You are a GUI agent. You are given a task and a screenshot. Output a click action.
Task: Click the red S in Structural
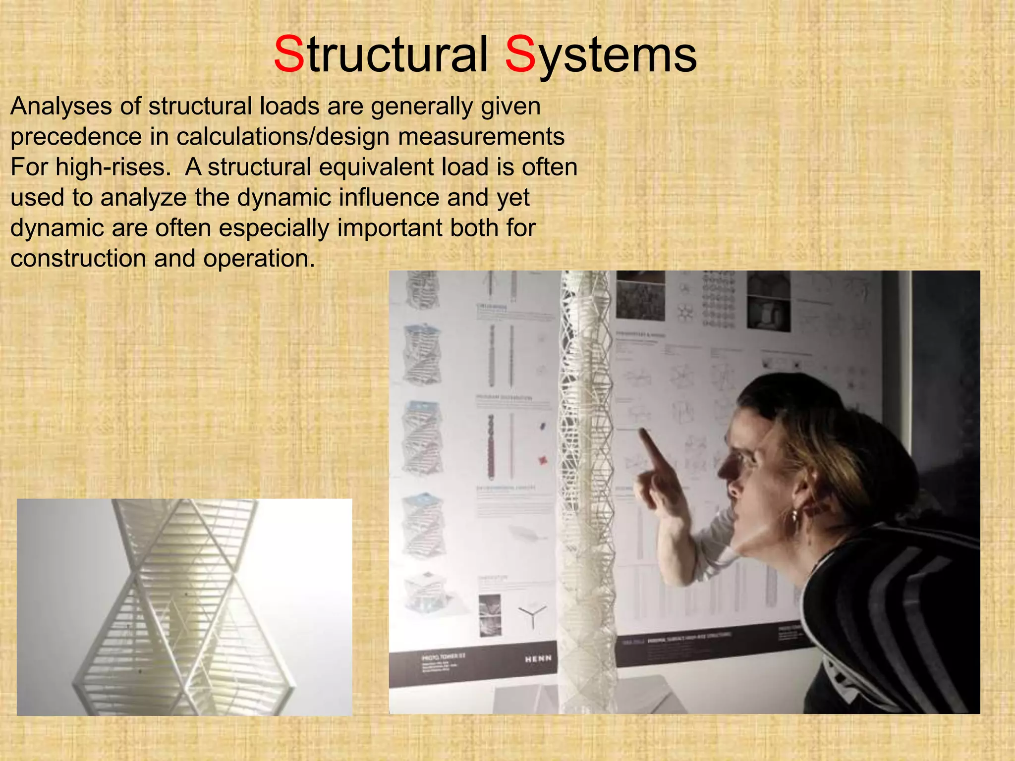coord(289,54)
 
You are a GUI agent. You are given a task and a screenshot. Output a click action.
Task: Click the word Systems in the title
coord(601,55)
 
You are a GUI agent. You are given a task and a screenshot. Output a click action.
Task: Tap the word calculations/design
coord(283,137)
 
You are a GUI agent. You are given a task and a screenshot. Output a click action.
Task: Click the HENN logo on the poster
coord(538,658)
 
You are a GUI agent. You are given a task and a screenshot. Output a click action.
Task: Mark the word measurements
coord(481,137)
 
